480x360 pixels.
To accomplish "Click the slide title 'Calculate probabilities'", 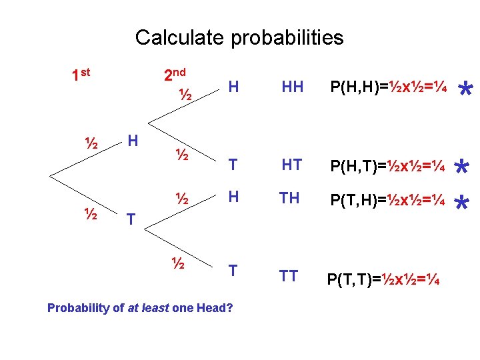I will pyautogui.click(x=239, y=37).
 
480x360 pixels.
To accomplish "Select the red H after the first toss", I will pyautogui.click(x=133, y=141).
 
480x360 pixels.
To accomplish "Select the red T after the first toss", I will pyautogui.click(x=131, y=218).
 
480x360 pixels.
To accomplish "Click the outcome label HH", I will pyautogui.click(x=293, y=87).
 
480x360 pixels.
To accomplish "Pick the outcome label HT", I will pyautogui.click(x=292, y=163).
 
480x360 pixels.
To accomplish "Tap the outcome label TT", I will pyautogui.click(x=289, y=275).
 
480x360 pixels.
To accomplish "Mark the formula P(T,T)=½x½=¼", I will pyautogui.click(x=383, y=279).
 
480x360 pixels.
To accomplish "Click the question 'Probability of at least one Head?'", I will pyautogui.click(x=140, y=308).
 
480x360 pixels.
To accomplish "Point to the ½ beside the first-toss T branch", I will pyautogui.click(x=91, y=215).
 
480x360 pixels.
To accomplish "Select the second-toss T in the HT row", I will pyautogui.click(x=233, y=164).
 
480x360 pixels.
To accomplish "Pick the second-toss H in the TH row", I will pyautogui.click(x=233, y=197).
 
